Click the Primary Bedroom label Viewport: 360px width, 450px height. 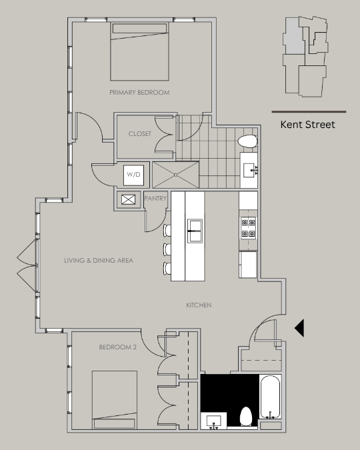coord(139,93)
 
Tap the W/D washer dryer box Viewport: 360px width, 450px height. coord(133,175)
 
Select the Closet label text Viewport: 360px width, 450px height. coord(140,134)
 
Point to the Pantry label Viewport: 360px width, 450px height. coord(155,198)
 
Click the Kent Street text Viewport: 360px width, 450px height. coord(307,125)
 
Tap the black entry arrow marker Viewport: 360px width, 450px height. coord(299,328)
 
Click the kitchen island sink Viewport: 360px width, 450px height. coord(195,231)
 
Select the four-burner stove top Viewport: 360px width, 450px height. coord(248,228)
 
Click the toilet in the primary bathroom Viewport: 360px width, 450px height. coord(247,141)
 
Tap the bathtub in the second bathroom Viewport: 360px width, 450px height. coord(270,397)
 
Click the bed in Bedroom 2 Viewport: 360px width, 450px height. coord(115,400)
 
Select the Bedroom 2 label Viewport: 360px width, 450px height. coord(118,347)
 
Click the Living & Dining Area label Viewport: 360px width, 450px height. coord(99,260)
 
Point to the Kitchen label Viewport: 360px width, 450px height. coord(199,305)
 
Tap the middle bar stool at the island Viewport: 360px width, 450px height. coord(167,249)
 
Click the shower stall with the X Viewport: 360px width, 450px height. coord(175,175)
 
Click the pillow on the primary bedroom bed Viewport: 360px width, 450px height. coord(139,29)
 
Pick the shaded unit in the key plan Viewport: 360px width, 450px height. coord(294,35)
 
